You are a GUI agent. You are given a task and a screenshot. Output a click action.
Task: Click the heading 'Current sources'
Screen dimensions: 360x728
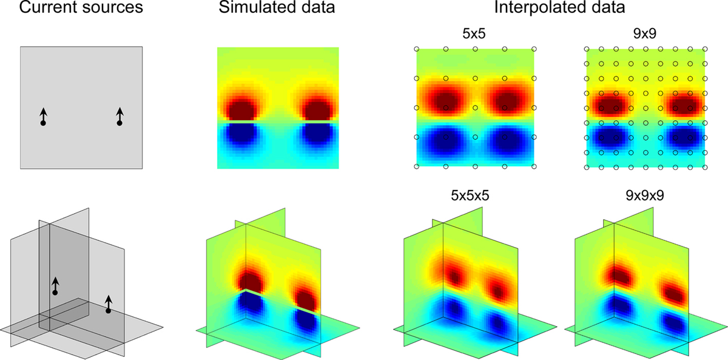coord(81,10)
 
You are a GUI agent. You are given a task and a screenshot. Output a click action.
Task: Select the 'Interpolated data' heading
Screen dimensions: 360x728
coord(560,10)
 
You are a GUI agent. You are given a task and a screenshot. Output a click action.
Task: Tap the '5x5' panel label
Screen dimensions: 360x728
coord(475,36)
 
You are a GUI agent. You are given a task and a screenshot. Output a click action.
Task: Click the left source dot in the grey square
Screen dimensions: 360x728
coord(43,123)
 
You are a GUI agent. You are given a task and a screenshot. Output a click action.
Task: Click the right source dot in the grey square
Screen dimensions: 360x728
coord(120,123)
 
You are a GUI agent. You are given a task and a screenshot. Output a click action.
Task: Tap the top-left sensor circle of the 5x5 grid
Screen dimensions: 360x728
coord(417,49)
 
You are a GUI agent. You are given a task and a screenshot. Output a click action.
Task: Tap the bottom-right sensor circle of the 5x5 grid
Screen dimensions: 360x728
coord(534,166)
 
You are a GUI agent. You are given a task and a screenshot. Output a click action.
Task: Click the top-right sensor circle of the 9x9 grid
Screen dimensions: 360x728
coord(705,49)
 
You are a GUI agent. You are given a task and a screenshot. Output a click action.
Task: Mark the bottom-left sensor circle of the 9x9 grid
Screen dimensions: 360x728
coord(587,166)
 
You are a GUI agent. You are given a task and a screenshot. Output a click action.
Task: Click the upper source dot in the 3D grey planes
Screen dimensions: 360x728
coord(55,293)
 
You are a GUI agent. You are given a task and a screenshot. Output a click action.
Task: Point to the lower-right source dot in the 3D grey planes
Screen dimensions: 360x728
coord(108,311)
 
